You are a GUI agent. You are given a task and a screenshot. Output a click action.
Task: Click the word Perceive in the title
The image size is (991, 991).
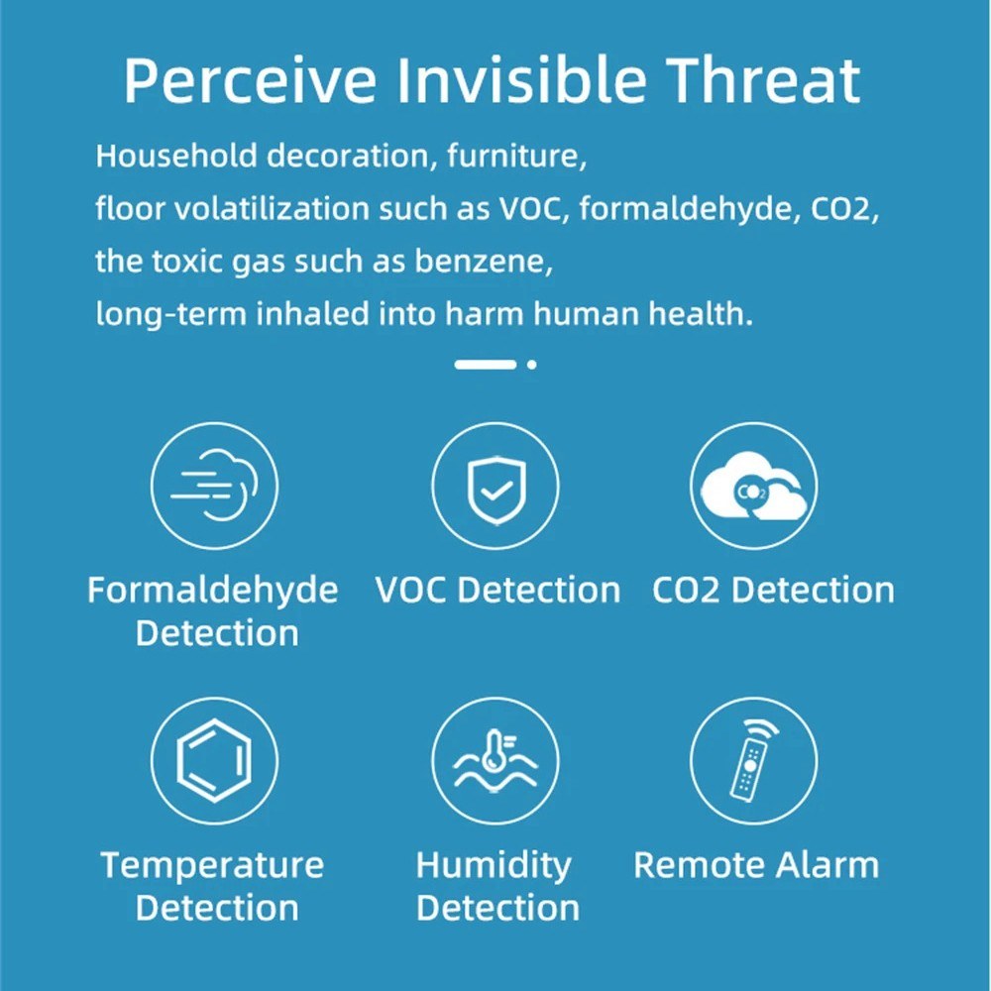click(x=251, y=81)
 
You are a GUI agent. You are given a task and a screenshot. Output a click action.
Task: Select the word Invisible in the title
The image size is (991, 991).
click(x=522, y=80)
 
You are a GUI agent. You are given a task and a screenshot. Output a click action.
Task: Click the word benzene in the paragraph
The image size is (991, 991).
click(x=484, y=261)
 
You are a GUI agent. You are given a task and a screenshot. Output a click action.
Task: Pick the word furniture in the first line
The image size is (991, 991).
click(x=517, y=157)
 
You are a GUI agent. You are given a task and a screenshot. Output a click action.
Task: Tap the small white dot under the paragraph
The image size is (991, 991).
click(x=531, y=364)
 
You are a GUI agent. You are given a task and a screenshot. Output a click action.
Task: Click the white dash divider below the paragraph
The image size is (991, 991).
click(x=486, y=364)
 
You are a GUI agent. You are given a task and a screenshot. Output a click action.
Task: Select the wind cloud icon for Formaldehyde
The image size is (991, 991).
click(x=214, y=485)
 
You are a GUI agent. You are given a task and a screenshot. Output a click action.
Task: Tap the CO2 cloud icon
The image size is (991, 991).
click(x=753, y=486)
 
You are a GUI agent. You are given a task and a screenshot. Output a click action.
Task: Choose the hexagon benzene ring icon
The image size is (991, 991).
click(x=214, y=760)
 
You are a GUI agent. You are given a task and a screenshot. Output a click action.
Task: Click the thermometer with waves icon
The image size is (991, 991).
click(x=495, y=761)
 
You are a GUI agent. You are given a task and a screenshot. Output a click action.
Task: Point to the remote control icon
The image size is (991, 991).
click(x=754, y=760)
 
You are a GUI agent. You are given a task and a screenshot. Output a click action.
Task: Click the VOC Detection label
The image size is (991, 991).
click(x=497, y=591)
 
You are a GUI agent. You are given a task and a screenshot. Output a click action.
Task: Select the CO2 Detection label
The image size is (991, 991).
click(x=773, y=591)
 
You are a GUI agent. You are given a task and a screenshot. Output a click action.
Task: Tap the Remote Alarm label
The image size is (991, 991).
click(x=756, y=865)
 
